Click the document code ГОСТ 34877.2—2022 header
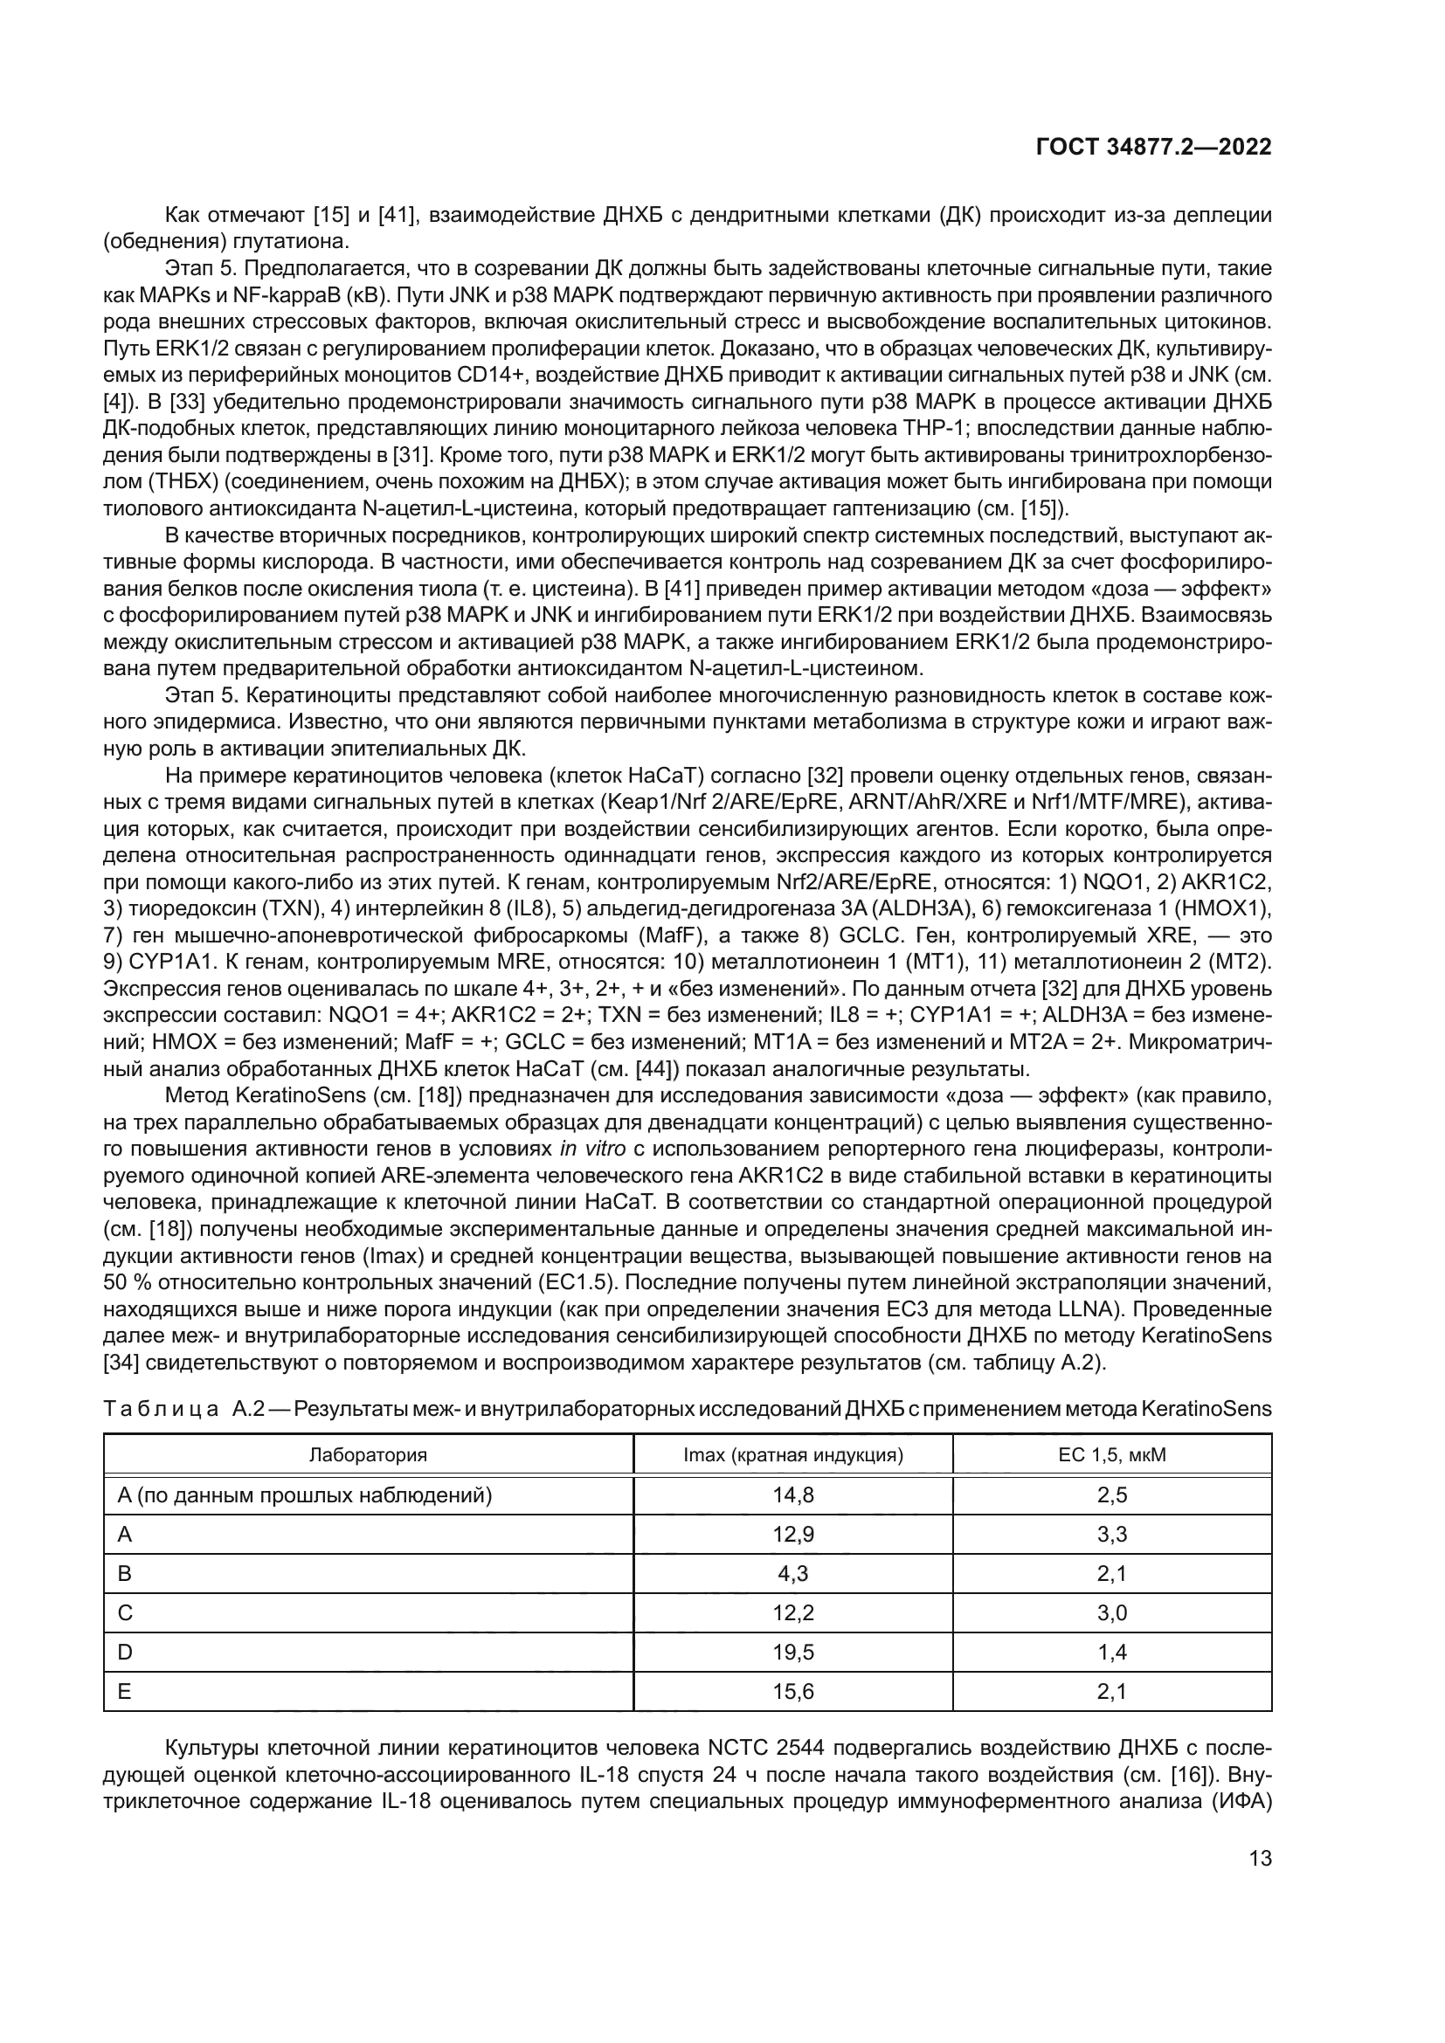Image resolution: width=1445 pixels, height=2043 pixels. coord(1153,148)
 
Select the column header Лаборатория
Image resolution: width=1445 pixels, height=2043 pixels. coord(368,1455)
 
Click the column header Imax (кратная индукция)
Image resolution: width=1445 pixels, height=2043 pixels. coord(792,1455)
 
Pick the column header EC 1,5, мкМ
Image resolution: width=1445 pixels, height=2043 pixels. coord(1111,1455)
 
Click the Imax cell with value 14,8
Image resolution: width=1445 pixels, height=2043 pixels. coord(792,1494)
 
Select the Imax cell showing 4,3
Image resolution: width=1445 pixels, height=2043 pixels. coord(792,1573)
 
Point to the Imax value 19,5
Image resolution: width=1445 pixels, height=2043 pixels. coord(792,1653)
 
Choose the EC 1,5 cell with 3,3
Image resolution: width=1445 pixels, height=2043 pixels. coord(1111,1534)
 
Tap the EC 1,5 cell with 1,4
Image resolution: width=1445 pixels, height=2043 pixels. coord(1111,1653)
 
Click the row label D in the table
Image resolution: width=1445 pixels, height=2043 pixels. coord(125,1653)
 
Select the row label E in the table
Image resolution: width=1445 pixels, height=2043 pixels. coord(125,1692)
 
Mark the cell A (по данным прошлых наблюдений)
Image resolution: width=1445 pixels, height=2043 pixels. coord(304,1494)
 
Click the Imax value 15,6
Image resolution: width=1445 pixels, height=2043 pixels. coord(792,1692)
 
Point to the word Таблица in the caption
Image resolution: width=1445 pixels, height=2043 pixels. coord(160,1410)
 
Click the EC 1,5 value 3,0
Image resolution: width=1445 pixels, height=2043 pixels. coord(1111,1613)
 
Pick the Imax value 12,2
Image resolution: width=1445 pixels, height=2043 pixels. coord(792,1613)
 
